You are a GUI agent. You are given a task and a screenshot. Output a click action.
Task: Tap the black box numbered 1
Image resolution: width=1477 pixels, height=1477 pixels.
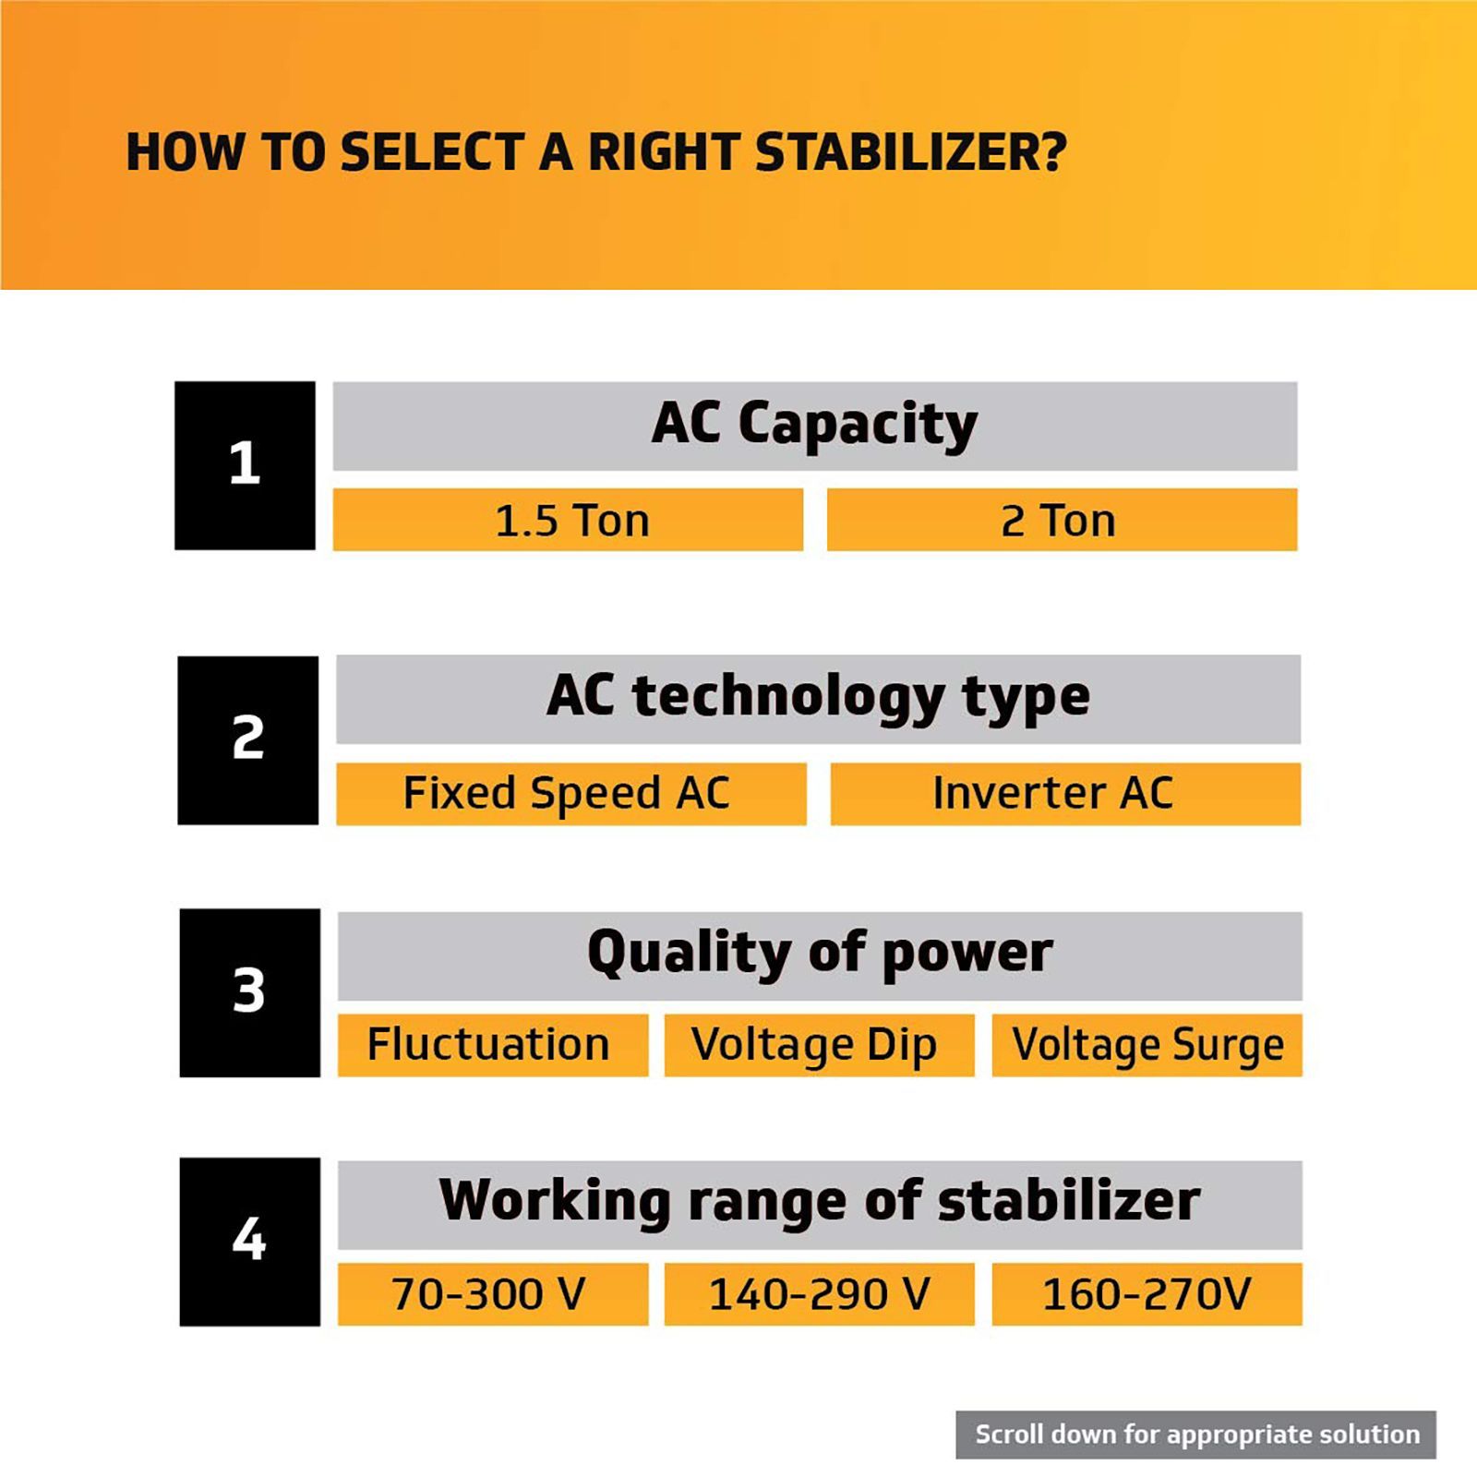pos(245,465)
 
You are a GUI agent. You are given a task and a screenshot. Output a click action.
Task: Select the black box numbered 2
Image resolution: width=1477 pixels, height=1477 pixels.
pos(247,740)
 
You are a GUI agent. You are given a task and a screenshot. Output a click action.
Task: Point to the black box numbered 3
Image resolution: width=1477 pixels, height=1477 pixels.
pos(249,992)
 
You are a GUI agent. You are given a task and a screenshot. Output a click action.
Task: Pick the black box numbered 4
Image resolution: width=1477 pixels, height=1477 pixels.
pos(249,1242)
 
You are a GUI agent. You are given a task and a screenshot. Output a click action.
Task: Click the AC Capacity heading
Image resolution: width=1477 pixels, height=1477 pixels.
pos(815,426)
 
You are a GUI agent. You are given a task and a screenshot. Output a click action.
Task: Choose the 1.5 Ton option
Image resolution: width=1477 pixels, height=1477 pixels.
pos(568,520)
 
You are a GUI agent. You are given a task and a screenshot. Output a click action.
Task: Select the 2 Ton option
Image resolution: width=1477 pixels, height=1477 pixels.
pos(1062,520)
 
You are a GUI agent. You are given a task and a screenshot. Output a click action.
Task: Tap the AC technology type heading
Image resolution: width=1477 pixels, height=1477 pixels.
pos(818,699)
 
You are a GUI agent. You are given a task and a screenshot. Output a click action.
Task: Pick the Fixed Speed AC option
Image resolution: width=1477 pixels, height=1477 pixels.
pos(570,793)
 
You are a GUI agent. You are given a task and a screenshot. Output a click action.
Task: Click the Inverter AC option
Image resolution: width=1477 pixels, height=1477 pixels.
pos(1065,793)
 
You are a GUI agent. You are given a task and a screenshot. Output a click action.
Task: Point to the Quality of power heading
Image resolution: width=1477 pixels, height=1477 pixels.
pos(820,955)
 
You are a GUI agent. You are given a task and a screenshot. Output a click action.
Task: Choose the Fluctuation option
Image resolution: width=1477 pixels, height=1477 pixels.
pos(493,1045)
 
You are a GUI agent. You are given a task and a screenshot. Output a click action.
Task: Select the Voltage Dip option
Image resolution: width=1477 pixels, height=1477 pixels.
pos(819,1045)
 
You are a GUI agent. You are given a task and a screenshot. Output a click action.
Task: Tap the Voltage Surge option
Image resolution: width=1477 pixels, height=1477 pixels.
pos(1147,1045)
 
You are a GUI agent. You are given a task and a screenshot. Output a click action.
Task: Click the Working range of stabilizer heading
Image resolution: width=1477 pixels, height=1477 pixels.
pos(820,1205)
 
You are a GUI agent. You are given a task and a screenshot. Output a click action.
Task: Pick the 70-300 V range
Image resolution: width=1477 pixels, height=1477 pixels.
pos(493,1294)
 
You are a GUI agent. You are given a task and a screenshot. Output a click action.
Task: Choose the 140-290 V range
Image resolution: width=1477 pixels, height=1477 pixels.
pos(819,1294)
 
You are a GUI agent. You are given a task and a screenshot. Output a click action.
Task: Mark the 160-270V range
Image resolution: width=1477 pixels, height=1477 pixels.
pos(1147,1294)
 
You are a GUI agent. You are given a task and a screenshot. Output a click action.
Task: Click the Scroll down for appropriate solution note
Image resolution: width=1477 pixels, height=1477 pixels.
pos(1195,1435)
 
